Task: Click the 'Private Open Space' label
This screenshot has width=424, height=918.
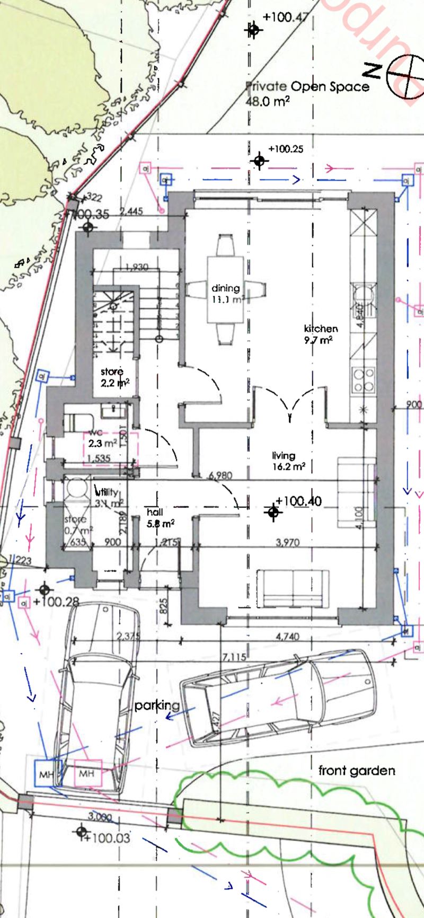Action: click(308, 86)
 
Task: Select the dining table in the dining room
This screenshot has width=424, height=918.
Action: click(226, 289)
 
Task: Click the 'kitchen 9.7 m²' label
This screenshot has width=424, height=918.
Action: click(320, 334)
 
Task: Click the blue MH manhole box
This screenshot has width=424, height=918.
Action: click(48, 774)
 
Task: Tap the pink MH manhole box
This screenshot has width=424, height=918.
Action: click(87, 774)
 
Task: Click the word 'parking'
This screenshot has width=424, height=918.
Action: click(157, 705)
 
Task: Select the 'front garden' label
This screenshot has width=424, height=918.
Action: click(356, 771)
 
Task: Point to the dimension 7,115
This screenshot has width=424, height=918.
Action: click(234, 657)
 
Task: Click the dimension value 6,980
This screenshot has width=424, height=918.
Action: click(220, 475)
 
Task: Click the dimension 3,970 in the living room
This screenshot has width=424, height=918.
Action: click(287, 542)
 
